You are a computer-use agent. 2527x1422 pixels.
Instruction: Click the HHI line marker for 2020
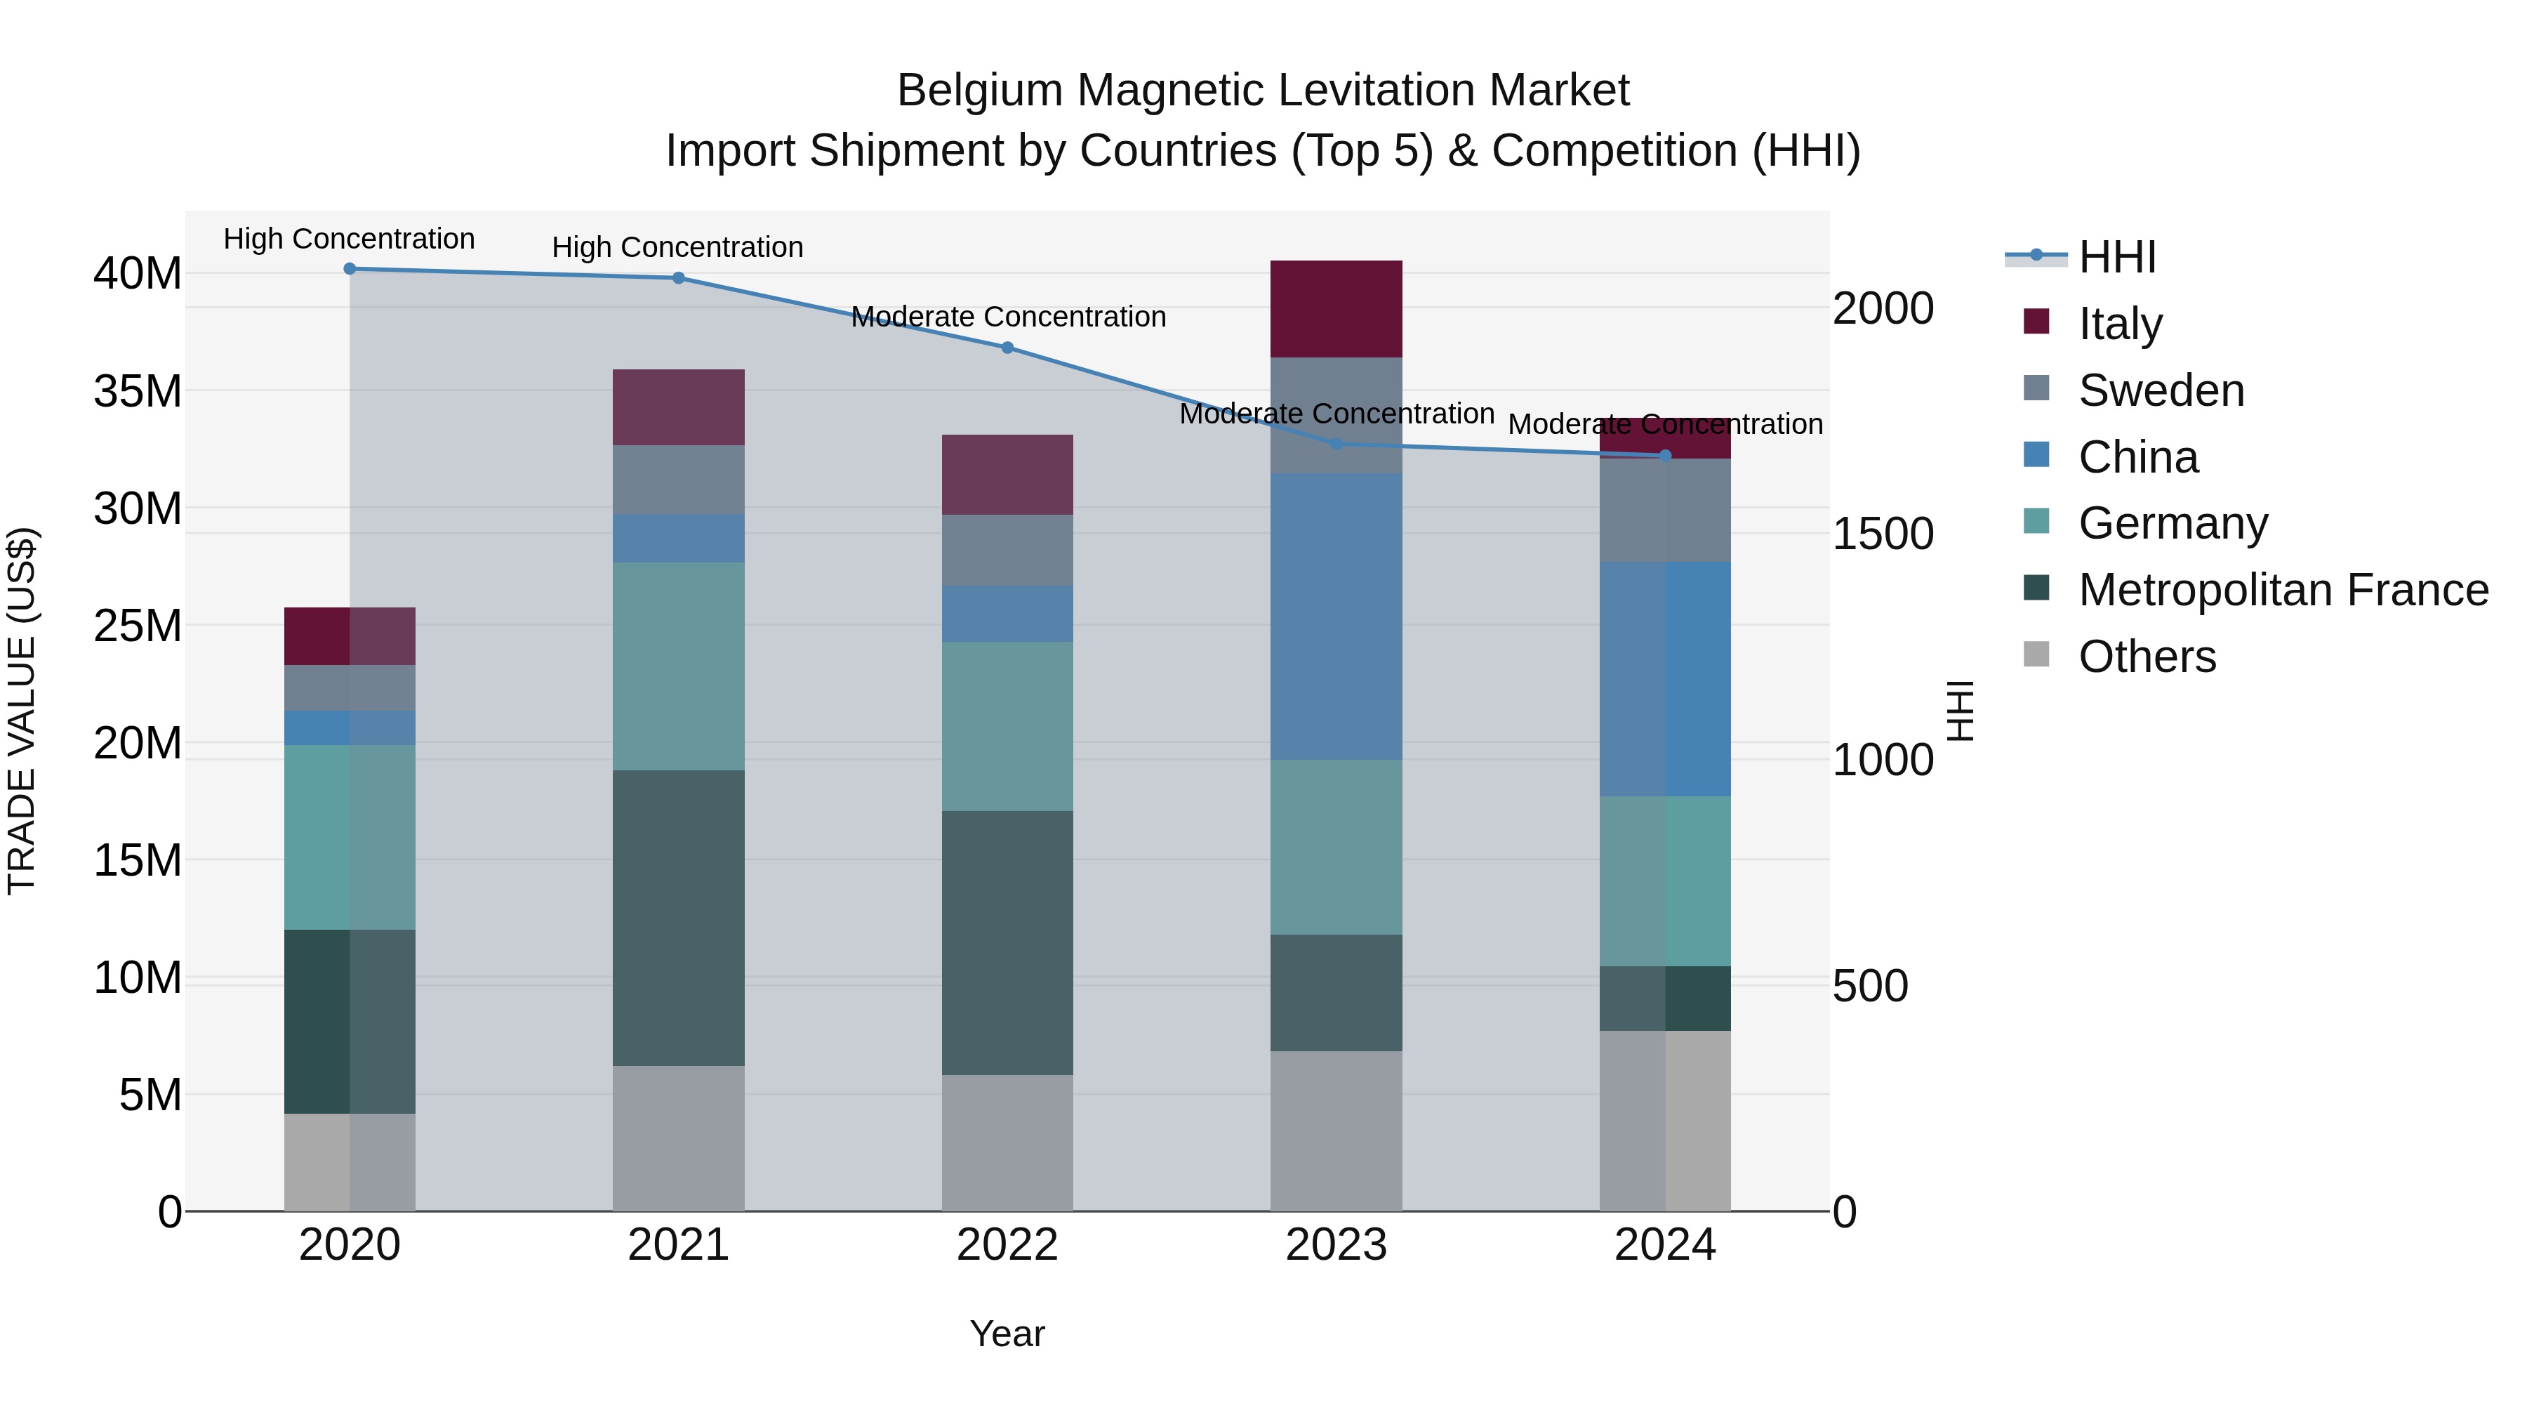point(350,269)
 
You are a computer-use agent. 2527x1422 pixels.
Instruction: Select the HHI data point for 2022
point(1007,348)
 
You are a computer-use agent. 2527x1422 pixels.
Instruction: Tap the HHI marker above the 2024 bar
point(1665,455)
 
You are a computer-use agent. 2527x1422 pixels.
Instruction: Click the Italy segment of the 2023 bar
point(1336,308)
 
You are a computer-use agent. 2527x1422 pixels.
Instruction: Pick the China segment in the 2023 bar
point(1336,617)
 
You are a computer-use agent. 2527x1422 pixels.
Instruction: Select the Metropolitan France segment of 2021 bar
point(678,918)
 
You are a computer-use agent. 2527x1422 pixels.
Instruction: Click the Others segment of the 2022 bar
point(1007,1143)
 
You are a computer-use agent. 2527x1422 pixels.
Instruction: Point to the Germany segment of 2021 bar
point(678,666)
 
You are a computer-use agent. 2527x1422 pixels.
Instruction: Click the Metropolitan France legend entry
point(2283,590)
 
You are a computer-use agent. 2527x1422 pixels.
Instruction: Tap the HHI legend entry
point(2117,257)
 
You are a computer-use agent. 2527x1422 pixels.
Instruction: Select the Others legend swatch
point(2036,654)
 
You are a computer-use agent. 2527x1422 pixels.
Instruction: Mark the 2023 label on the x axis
point(1336,1245)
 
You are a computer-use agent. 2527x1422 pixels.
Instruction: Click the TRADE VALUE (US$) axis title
point(22,711)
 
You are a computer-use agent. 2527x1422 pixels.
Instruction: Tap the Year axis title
point(1007,1334)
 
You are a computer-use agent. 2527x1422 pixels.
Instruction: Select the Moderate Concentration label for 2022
point(1007,317)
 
